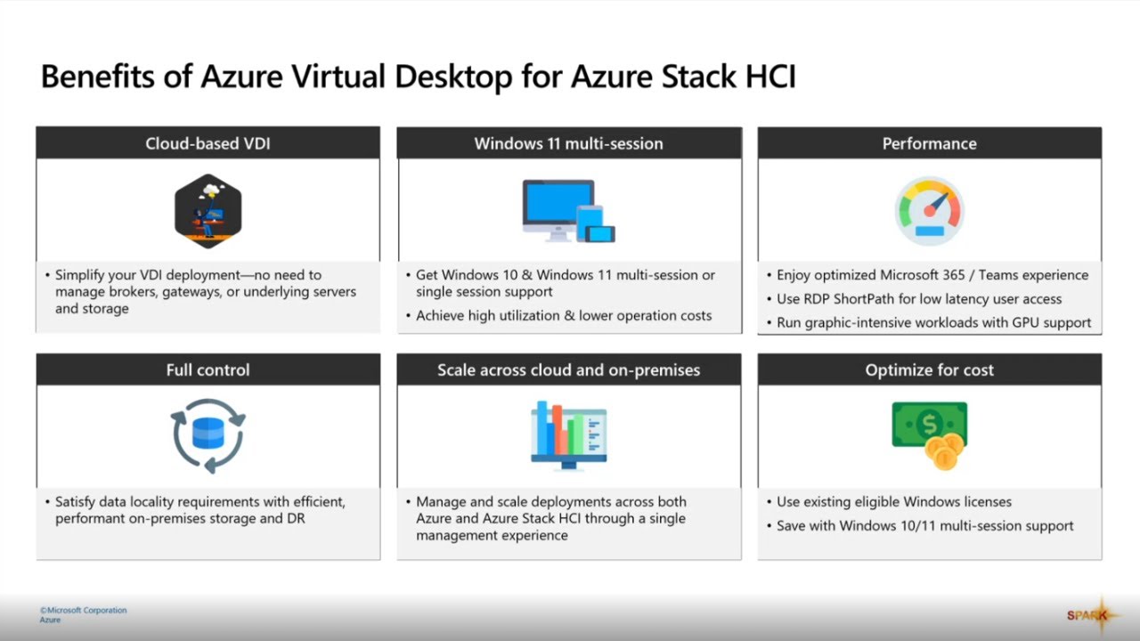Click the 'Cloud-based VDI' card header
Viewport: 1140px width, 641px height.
(x=208, y=143)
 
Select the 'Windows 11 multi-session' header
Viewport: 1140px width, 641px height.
(x=568, y=143)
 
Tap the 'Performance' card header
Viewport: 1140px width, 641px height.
(x=929, y=143)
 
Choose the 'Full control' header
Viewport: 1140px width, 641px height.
(x=208, y=369)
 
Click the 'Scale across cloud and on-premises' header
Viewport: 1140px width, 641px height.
(x=568, y=369)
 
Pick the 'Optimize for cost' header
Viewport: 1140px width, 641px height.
(x=929, y=369)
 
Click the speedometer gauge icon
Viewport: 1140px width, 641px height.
(x=929, y=210)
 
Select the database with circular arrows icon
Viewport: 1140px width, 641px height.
(x=208, y=435)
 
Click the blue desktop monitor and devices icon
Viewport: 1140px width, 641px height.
(x=568, y=211)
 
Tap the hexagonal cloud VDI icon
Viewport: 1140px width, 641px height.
(x=208, y=211)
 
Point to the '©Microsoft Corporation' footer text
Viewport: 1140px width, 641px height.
(x=83, y=610)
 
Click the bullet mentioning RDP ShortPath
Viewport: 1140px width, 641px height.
(x=919, y=299)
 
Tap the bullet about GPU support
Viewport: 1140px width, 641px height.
(x=933, y=322)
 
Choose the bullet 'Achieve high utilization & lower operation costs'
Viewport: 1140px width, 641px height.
(x=564, y=315)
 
